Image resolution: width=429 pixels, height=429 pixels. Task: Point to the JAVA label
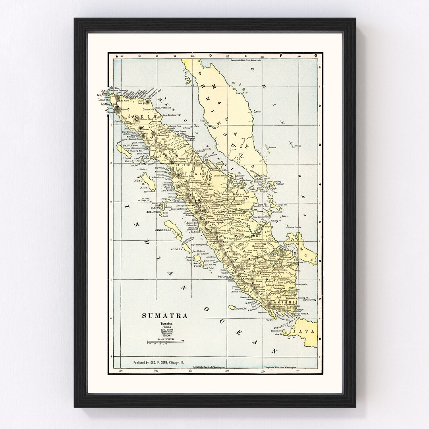click(x=304, y=330)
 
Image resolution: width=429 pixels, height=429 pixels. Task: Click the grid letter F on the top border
click(x=281, y=56)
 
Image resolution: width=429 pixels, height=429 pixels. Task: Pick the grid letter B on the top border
click(x=139, y=56)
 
